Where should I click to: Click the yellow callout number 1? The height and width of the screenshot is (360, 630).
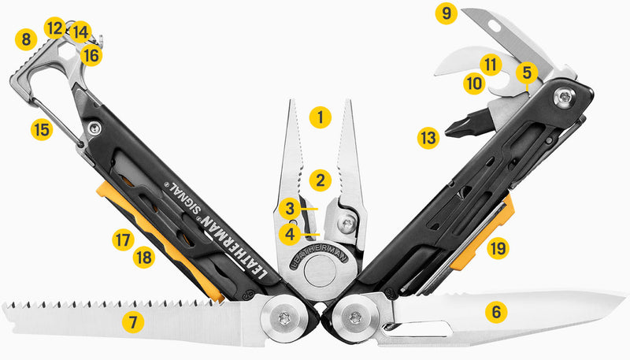[x=320, y=118]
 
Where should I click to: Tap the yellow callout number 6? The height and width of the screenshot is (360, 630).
[x=495, y=312]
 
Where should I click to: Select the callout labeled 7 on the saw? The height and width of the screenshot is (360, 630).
[x=133, y=321]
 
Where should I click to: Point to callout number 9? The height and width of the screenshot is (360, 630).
[x=448, y=13]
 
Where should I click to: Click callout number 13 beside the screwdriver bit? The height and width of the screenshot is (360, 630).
[x=428, y=139]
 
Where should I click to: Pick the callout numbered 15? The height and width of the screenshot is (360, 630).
[x=42, y=128]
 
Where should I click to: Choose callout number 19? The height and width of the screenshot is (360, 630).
[x=497, y=249]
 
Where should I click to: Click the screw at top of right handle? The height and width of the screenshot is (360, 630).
[x=566, y=97]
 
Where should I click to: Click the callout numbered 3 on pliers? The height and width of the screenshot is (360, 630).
[x=290, y=210]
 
